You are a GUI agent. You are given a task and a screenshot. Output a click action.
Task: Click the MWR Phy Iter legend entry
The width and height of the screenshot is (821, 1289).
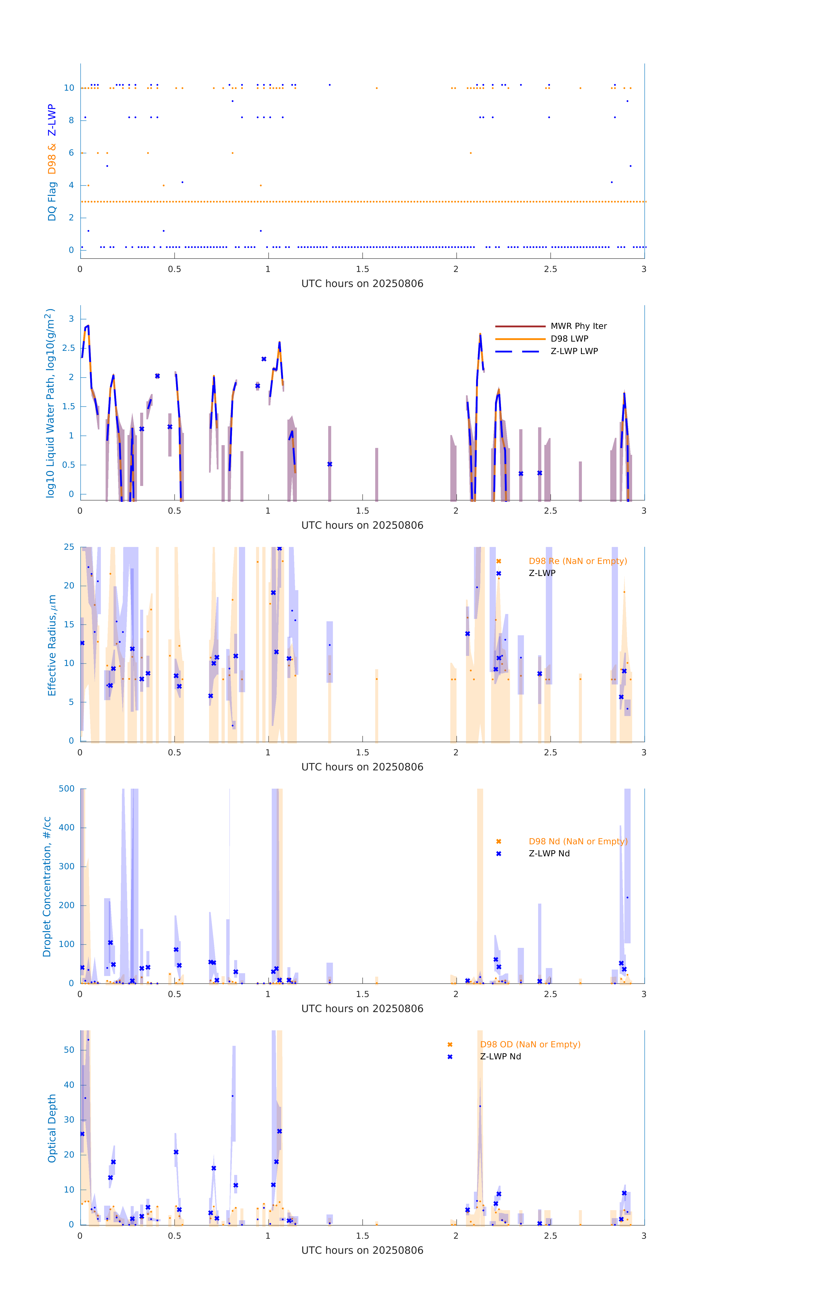click(x=578, y=326)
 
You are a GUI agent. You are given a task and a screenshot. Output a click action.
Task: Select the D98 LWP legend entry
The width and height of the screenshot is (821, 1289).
click(x=569, y=339)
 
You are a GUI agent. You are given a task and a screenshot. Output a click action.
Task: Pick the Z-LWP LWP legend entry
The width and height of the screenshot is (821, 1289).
click(x=574, y=351)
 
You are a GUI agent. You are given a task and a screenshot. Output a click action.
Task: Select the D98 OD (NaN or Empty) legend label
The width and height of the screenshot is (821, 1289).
click(x=530, y=1044)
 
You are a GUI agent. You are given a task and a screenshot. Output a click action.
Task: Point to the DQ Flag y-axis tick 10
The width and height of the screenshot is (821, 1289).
click(x=69, y=88)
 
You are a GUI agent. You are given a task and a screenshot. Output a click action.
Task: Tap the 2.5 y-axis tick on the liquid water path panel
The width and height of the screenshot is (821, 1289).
click(x=68, y=348)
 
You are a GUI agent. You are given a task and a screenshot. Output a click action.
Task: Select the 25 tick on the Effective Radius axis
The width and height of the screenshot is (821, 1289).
click(x=69, y=547)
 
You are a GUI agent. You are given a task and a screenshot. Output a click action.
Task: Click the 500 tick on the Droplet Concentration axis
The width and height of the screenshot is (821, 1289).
click(x=67, y=788)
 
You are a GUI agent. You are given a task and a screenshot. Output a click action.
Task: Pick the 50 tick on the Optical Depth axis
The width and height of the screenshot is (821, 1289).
click(x=69, y=1050)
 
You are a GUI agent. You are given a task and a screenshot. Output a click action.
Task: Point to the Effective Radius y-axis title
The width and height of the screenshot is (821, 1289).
click(x=52, y=645)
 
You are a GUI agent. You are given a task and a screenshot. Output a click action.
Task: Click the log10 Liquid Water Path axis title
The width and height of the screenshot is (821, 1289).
click(x=50, y=403)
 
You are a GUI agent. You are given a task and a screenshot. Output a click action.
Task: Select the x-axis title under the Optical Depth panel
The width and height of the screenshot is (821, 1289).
click(x=362, y=1251)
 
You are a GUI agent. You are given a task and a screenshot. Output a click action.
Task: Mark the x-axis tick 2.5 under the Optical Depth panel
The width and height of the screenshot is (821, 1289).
click(x=550, y=1236)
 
